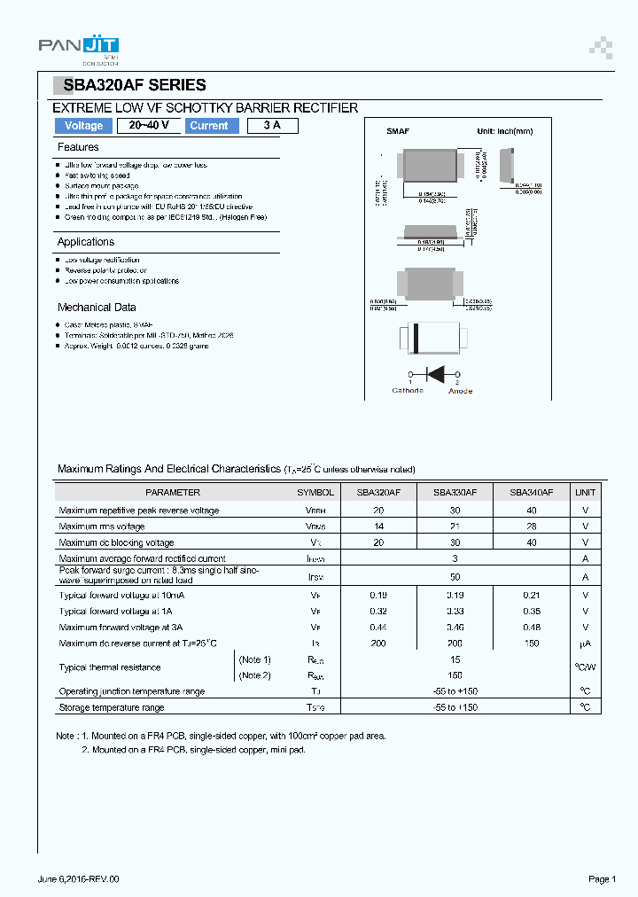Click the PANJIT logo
tap(79, 49)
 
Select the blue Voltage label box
tap(84, 126)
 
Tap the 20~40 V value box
tap(148, 126)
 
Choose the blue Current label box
tap(209, 126)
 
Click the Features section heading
tap(78, 147)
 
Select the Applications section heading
tap(86, 242)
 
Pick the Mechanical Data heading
tap(97, 308)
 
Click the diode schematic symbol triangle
tap(435, 372)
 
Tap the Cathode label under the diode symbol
tap(408, 391)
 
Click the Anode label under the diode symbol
tap(460, 391)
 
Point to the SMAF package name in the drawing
tap(397, 131)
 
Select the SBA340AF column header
tap(531, 492)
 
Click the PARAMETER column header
tap(173, 492)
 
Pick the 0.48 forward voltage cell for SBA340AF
tap(531, 628)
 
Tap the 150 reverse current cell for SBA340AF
tap(531, 643)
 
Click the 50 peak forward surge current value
tap(455, 576)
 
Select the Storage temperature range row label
tap(112, 707)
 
